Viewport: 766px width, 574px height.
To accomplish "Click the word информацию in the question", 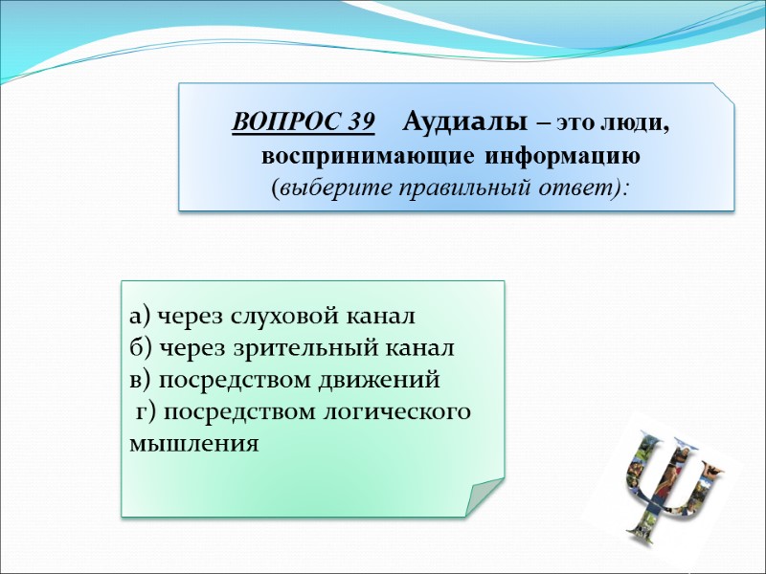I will coord(561,154).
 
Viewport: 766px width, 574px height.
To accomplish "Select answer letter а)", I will coord(139,316).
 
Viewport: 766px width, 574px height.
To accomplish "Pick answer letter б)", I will coord(139,347).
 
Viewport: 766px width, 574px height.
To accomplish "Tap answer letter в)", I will coord(139,380).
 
